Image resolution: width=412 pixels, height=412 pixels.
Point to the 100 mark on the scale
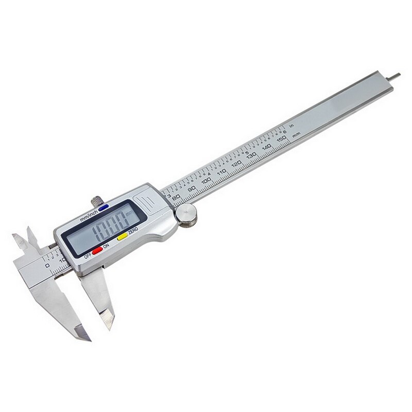pyautogui.click(x=206, y=180)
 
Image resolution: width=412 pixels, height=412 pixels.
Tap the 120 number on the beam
pyautogui.click(x=236, y=164)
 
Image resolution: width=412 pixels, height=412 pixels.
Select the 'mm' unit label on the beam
pyautogui.click(x=296, y=135)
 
